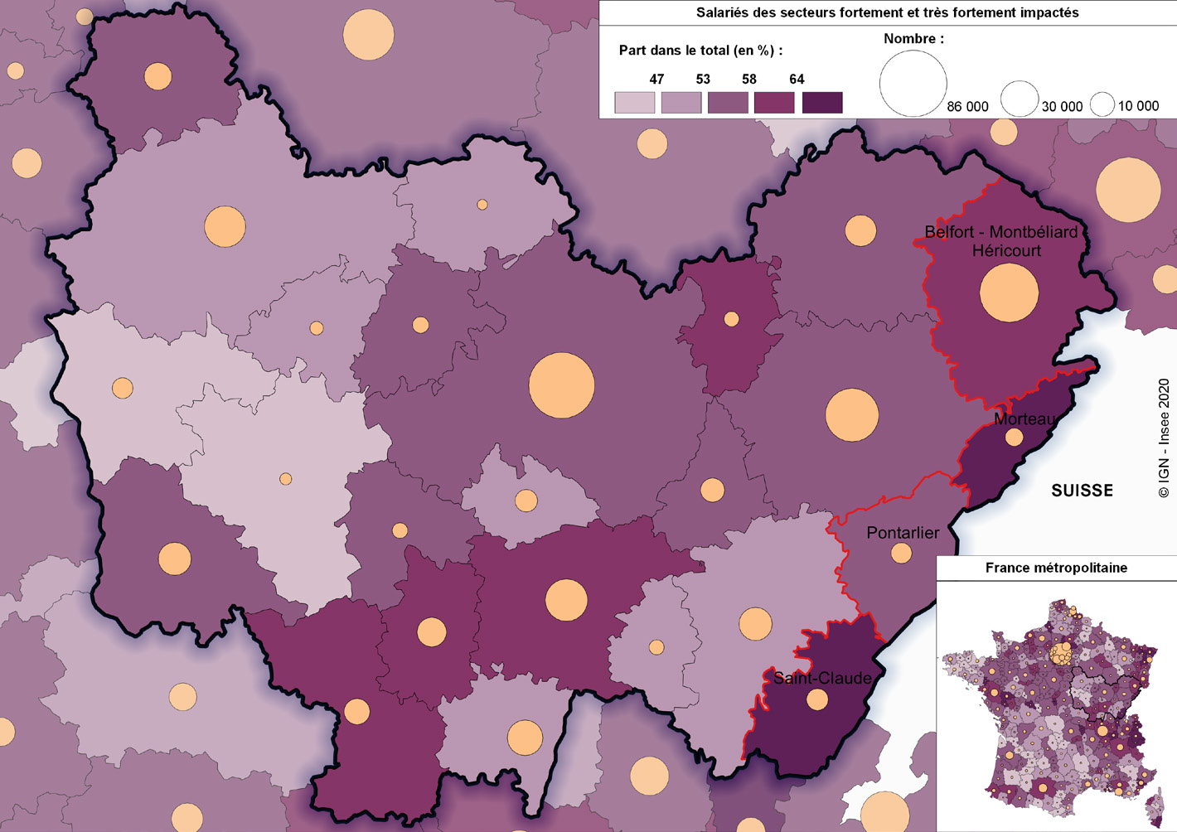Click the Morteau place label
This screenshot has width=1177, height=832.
(1025, 419)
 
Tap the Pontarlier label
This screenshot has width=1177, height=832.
(903, 533)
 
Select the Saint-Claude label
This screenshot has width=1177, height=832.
(822, 678)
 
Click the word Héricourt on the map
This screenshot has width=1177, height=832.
(1006, 250)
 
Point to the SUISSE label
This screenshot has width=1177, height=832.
(1082, 491)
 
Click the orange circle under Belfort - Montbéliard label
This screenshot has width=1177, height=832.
(1009, 293)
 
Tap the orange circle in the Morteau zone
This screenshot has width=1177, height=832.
(1015, 438)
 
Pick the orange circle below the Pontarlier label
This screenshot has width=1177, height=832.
(901, 554)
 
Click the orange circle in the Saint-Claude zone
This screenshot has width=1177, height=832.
(817, 700)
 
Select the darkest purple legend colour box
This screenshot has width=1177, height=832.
(822, 103)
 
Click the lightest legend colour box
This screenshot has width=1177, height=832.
(635, 103)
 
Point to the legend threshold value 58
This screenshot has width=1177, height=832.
(749, 80)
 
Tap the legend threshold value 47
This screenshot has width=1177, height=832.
(656, 80)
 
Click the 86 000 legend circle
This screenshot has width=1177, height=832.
(913, 84)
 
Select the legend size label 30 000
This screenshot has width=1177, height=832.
(1062, 107)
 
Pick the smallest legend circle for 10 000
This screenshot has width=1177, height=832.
(1102, 104)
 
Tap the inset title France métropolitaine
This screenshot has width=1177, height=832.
(1056, 568)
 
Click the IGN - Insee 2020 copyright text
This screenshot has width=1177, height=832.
(1164, 439)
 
